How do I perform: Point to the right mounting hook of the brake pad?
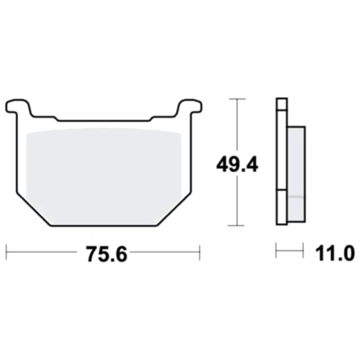[x=187, y=106]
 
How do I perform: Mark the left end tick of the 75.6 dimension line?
[x=6, y=251]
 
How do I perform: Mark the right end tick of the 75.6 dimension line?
[x=199, y=251]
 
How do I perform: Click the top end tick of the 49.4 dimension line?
[x=238, y=100]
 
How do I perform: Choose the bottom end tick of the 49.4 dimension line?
[x=238, y=226]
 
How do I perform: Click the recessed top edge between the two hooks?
[x=103, y=120]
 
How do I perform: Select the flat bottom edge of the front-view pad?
[x=103, y=225]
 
